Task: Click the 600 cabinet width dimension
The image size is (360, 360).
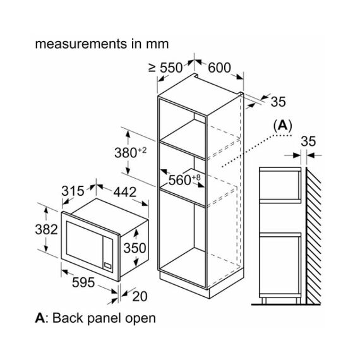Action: (x=219, y=68)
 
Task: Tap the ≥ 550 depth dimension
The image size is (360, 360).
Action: (x=165, y=68)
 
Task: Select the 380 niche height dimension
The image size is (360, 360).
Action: (x=130, y=152)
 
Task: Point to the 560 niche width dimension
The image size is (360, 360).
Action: (x=184, y=179)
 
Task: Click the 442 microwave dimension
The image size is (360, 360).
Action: (x=125, y=192)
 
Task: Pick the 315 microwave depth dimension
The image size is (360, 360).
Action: (x=73, y=191)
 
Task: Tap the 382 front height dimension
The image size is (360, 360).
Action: (x=46, y=229)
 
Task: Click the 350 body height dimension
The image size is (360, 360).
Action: (x=135, y=248)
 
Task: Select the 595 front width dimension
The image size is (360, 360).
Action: (x=83, y=282)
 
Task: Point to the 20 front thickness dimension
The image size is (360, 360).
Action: (x=140, y=296)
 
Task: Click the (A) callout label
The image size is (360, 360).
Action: (x=282, y=126)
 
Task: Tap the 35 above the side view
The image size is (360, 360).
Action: (x=308, y=141)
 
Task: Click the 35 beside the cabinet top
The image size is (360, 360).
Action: (x=279, y=102)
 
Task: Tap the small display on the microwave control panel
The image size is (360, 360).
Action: (x=107, y=265)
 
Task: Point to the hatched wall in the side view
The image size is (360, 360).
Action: (x=314, y=236)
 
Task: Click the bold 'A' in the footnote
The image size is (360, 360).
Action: (x=40, y=318)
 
